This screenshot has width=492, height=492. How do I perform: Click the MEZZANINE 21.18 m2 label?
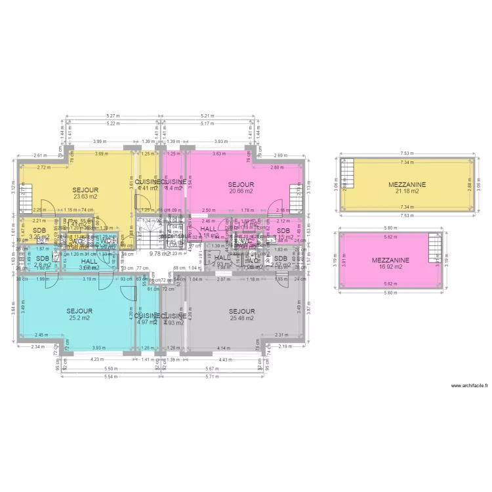pyautogui.click(x=407, y=188)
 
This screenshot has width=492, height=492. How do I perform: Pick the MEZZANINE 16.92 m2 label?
pyautogui.click(x=391, y=264)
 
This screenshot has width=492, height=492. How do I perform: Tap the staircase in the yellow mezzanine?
pyautogui.click(x=347, y=178)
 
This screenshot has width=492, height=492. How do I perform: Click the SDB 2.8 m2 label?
pyautogui.click(x=43, y=262)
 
